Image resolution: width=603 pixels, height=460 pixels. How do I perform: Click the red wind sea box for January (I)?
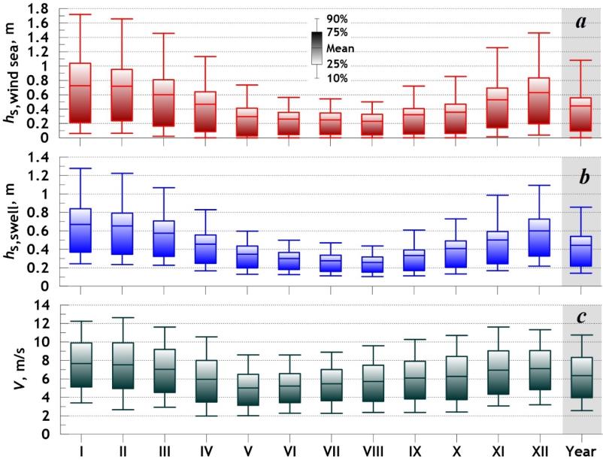coord(80,92)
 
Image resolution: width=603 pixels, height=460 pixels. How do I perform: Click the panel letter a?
coord(580,23)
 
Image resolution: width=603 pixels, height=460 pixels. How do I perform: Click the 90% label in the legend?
coord(337,19)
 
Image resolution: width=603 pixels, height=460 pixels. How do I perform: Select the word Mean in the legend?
coord(341,48)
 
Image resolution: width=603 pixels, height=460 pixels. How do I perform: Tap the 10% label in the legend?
coord(337,78)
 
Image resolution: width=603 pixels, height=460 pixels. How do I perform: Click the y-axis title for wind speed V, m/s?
coord(15,368)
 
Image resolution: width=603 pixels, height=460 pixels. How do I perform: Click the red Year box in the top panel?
coord(581,114)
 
